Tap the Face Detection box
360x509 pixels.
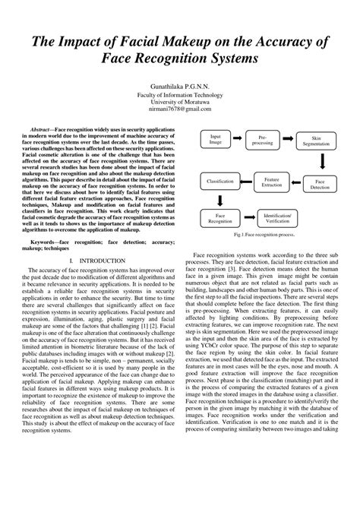(x=322, y=184)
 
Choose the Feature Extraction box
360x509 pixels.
(x=271, y=183)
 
